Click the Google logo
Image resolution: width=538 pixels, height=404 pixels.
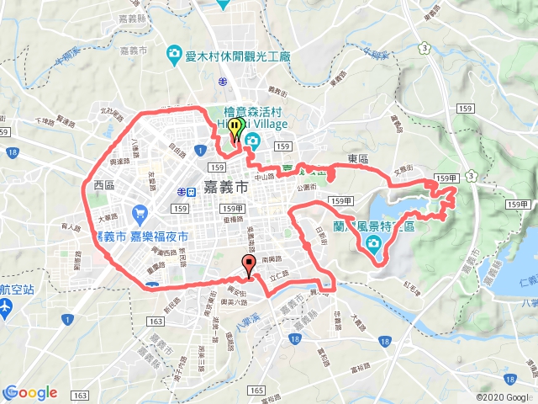pos(30,392)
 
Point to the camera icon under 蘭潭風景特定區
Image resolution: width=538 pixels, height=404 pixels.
pos(372,244)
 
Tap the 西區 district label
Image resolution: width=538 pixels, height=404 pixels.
pos(104,185)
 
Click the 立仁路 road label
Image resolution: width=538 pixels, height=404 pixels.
pos(278,275)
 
